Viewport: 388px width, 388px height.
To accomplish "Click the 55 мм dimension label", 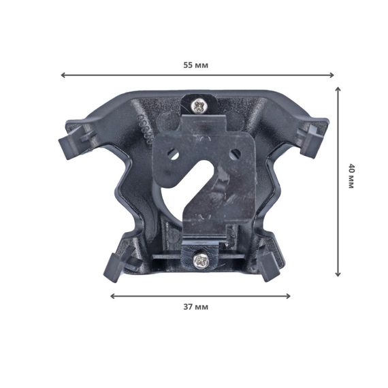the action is coord(196,65).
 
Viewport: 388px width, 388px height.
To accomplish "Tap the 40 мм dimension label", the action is coord(351,176).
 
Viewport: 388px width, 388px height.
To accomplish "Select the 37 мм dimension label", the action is coord(196,307).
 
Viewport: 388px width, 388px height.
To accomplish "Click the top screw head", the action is coord(199,106).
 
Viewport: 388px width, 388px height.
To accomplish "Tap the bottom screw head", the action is coord(200,261).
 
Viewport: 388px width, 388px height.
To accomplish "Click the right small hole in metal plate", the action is coord(235,154).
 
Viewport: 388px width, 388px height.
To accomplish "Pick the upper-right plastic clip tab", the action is coord(312,140).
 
